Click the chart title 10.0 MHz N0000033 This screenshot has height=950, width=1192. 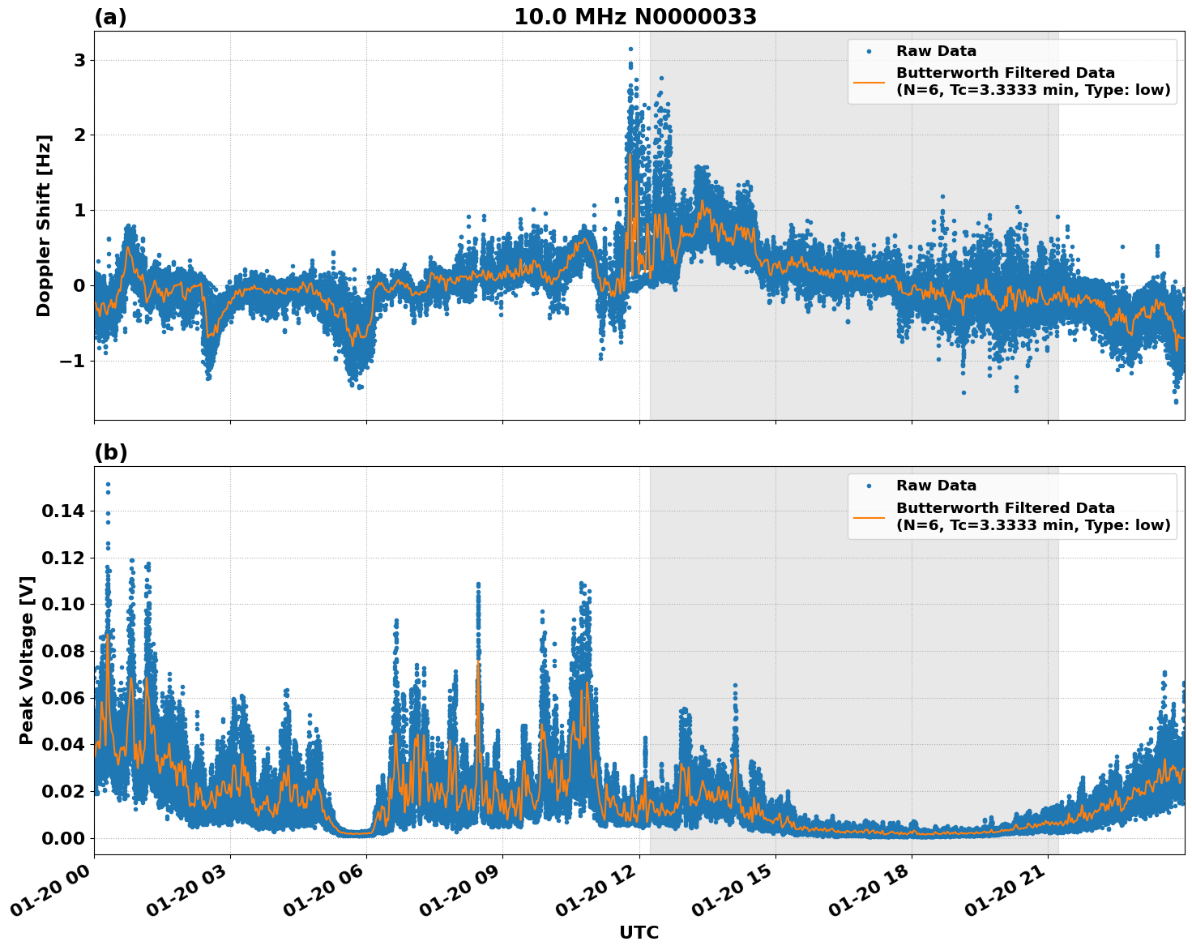[x=634, y=17]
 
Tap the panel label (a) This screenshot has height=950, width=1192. [x=110, y=17]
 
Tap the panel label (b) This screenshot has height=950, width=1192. [x=110, y=452]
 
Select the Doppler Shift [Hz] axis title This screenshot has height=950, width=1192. [x=44, y=225]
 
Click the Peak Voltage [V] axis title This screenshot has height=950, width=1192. [x=27, y=660]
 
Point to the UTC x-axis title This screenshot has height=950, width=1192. [x=639, y=932]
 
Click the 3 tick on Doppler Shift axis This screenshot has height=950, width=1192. [x=79, y=61]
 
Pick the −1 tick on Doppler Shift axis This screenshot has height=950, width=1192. [x=71, y=361]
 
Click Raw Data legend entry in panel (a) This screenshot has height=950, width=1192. [x=936, y=51]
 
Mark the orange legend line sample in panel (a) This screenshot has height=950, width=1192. [x=869, y=82]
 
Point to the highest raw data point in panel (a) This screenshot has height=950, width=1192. [x=630, y=49]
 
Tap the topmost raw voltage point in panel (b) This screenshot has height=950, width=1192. [x=108, y=485]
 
